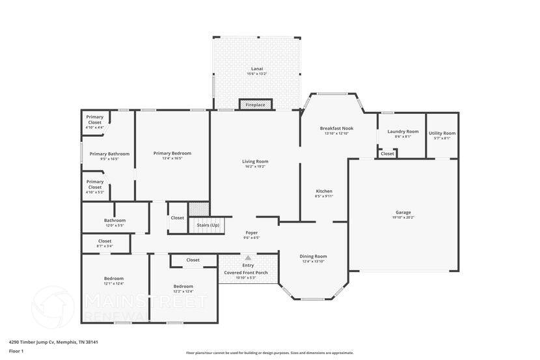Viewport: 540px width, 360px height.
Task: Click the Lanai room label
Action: [257, 68]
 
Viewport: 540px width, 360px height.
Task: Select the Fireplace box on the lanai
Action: [256, 104]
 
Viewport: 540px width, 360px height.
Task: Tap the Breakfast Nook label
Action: [336, 128]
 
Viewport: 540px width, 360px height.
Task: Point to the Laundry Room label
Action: [403, 132]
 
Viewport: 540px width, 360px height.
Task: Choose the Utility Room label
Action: [442, 133]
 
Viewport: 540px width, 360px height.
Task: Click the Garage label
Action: [403, 212]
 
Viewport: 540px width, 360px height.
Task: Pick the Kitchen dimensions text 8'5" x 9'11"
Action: [324, 196]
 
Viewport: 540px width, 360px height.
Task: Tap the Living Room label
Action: [256, 161]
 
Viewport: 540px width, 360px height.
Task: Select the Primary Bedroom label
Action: [172, 153]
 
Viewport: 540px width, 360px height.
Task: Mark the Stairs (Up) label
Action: [208, 225]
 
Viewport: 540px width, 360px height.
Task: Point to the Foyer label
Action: [252, 232]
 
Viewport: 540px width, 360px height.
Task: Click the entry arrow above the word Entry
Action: [248, 258]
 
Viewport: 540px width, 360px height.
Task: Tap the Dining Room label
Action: [314, 256]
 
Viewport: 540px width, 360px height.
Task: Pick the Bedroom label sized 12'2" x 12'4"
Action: [183, 286]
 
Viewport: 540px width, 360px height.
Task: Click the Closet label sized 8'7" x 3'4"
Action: [104, 241]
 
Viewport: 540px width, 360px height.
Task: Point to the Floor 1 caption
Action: [16, 351]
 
